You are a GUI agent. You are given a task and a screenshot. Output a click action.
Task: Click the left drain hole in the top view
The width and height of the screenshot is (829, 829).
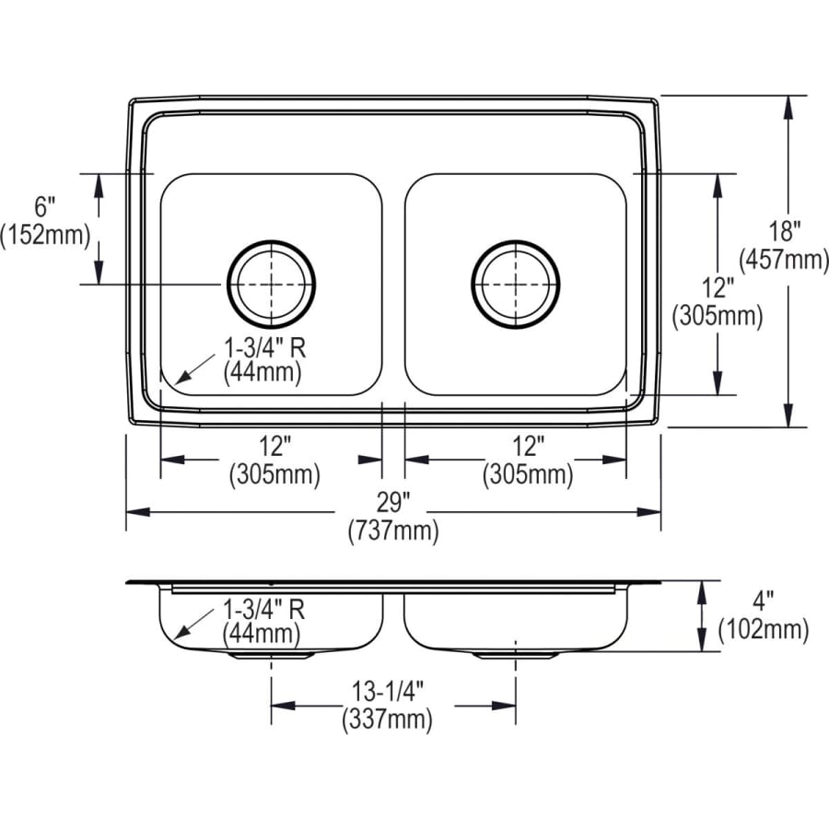coord(271,285)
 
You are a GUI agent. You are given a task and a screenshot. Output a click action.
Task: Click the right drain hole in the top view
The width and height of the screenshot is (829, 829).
coord(515,285)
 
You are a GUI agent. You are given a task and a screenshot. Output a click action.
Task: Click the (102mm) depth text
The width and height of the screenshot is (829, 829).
coord(764,630)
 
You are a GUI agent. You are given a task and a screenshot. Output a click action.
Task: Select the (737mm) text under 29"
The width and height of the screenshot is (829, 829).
coord(392,531)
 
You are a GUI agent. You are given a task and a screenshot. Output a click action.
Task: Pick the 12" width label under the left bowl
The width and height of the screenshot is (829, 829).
coord(274,448)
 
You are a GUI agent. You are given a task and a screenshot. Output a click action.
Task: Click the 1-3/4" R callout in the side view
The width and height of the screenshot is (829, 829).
coord(263,609)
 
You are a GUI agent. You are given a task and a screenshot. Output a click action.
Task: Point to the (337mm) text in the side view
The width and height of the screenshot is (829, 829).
coord(387,719)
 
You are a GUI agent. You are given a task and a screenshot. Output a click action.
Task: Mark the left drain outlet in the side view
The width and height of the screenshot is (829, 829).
coord(271,654)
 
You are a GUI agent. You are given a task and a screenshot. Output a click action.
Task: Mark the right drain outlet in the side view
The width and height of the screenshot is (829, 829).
coord(515,654)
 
